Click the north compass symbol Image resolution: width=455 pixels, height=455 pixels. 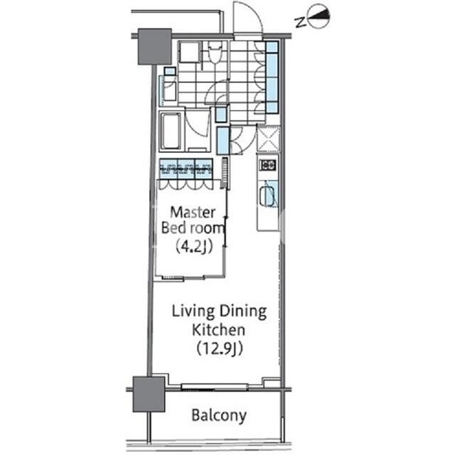tap(318, 16)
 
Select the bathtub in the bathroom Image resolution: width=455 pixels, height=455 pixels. tap(171, 131)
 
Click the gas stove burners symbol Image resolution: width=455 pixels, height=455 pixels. tap(268, 166)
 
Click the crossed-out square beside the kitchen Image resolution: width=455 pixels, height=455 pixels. tap(269, 139)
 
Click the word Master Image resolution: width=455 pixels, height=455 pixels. tap(193, 213)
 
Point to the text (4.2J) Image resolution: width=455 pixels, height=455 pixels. tap(194, 247)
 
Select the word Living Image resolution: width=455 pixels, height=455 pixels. tap(193, 312)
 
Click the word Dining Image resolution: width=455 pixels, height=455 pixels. tap(243, 312)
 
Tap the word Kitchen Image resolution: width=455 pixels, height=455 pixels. tap(218, 330)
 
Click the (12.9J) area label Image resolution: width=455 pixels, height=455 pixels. tap(220, 348)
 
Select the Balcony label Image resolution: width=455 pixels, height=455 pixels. tap(219, 415)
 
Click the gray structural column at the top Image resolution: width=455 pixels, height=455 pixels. tap(154, 46)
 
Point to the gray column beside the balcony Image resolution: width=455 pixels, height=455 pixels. tap(149, 394)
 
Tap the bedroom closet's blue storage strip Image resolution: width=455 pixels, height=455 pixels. tap(186, 168)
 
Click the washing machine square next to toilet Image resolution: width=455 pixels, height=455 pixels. tap(190, 52)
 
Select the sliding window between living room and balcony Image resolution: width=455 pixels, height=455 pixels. tap(215, 387)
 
